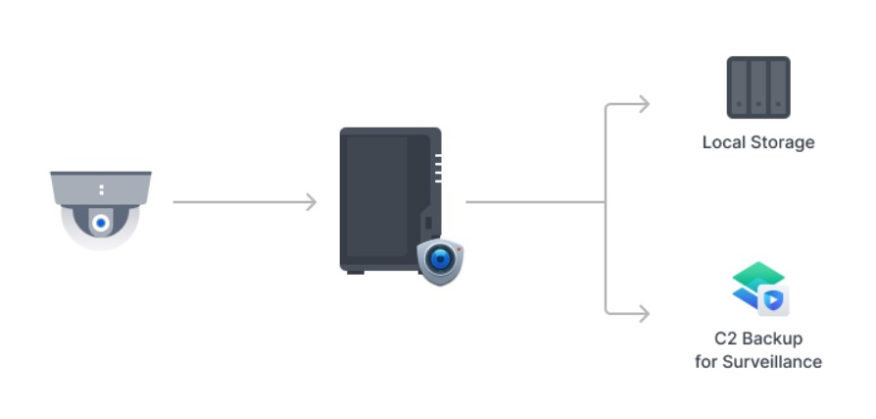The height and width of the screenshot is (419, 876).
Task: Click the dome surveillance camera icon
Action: click(x=101, y=208)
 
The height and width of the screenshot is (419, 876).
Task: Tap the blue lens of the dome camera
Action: click(x=101, y=224)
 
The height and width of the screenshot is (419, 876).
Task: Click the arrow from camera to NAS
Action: click(x=244, y=202)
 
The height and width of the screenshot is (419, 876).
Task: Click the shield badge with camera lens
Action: click(x=440, y=260)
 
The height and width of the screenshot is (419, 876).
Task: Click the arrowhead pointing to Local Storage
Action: click(x=643, y=104)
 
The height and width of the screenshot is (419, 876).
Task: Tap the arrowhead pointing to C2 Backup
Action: click(x=643, y=314)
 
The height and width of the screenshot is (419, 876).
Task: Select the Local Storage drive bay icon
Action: click(x=757, y=87)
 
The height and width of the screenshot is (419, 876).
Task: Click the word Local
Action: click(x=723, y=142)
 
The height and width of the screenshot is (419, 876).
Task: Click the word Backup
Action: click(x=772, y=339)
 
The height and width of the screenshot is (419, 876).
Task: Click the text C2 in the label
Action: click(x=725, y=339)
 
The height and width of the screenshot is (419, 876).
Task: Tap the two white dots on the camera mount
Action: click(x=101, y=188)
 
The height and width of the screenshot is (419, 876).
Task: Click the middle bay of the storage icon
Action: click(x=757, y=86)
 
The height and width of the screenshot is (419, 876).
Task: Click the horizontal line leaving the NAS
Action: click(x=534, y=202)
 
